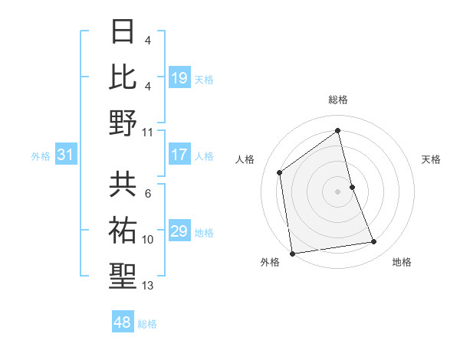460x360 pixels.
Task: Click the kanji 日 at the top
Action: click(123, 31)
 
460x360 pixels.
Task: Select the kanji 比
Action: click(123, 76)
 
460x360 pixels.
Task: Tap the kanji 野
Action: click(123, 122)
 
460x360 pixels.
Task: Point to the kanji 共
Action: click(123, 184)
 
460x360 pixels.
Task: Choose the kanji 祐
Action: click(123, 230)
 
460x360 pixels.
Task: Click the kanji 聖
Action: click(123, 276)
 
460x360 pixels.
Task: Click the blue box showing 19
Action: click(179, 77)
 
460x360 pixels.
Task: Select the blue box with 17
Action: click(179, 155)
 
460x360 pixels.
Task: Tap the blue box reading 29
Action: click(179, 231)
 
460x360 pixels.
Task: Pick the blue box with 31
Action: click(66, 155)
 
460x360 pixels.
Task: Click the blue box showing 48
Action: click(123, 322)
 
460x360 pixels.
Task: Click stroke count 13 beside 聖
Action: click(148, 286)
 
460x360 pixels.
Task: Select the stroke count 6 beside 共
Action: click(147, 193)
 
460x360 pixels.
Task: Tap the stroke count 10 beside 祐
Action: click(148, 240)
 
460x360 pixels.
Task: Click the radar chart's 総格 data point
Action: click(338, 130)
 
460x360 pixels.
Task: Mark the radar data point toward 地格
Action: click(374, 242)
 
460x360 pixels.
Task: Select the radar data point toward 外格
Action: click(292, 254)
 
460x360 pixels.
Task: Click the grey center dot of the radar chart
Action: click(338, 191)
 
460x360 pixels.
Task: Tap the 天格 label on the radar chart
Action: click(432, 159)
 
